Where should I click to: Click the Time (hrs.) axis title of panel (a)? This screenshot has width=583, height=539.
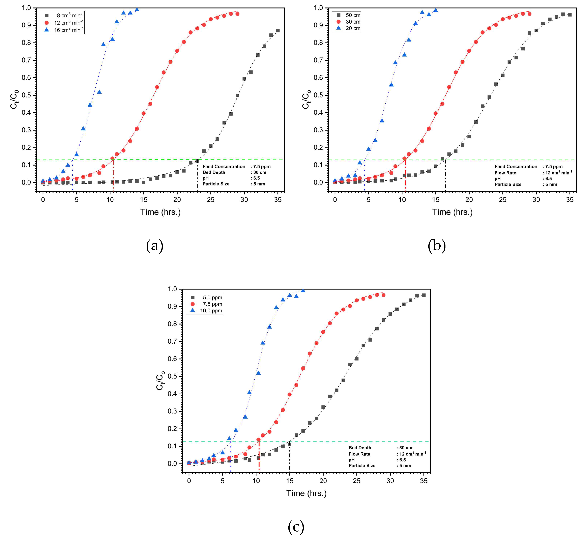[161, 212]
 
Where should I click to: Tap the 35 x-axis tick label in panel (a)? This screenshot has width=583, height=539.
[278, 200]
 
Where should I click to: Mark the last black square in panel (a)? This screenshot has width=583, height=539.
[278, 31]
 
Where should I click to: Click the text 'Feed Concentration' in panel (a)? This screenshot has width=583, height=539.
[224, 167]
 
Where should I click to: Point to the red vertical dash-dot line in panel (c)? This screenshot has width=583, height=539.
[259, 455]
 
